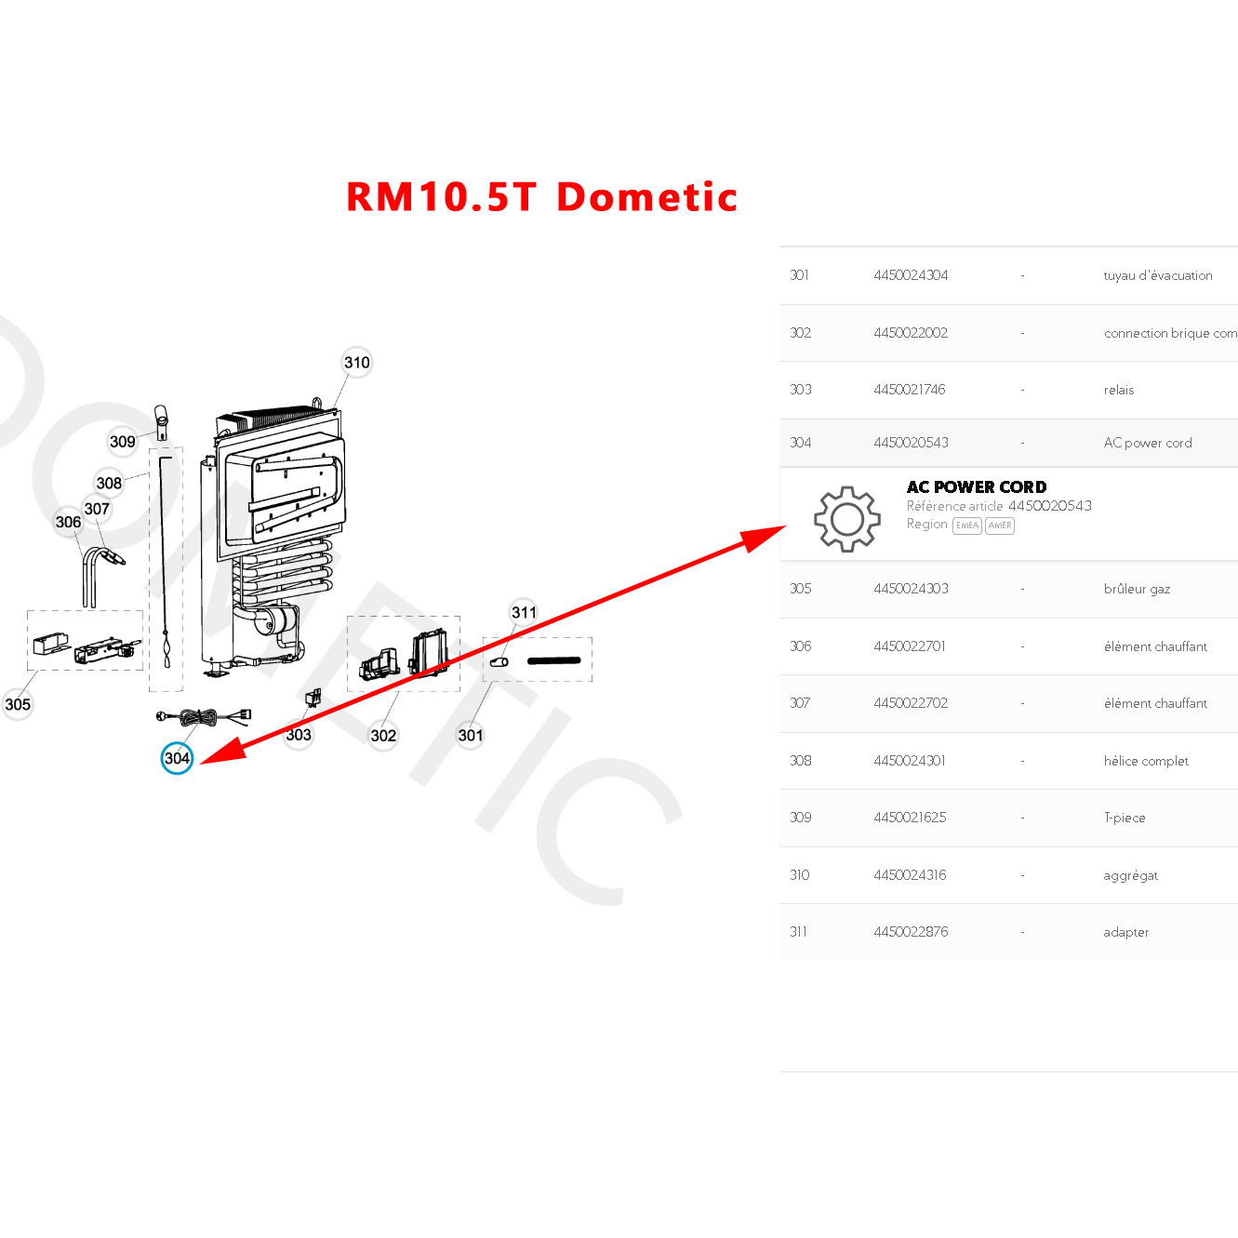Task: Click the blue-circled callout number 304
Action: pos(177,758)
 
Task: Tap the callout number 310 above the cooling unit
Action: pos(357,363)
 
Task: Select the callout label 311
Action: pos(524,612)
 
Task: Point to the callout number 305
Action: pos(18,704)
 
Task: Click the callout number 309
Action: pos(123,442)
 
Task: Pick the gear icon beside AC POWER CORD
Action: pos(846,518)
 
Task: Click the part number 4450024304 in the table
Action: pos(911,275)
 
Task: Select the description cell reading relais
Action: pos(1118,390)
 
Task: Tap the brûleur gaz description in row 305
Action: pos(1137,589)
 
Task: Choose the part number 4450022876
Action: pos(911,932)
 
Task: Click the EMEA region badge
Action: pos(967,526)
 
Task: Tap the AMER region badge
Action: pos(1000,526)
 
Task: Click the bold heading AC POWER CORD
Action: pos(977,487)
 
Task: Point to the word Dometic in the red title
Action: pos(646,197)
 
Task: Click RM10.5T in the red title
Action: pos(442,197)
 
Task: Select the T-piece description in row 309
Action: pos(1124,818)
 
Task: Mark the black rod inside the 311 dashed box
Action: pos(553,661)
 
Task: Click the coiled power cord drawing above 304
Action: pos(199,717)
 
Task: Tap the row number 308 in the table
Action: pos(800,761)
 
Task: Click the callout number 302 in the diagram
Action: pos(383,736)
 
